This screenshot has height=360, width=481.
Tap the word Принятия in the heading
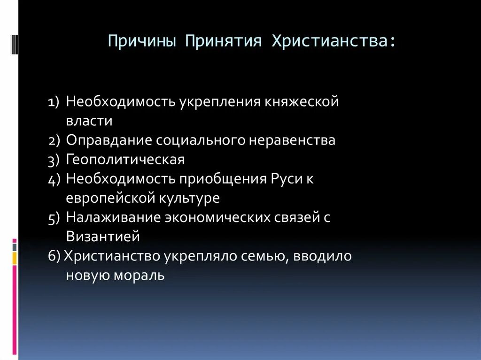coord(223,41)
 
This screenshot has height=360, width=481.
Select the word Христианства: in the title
coord(333,41)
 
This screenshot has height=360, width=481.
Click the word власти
coord(89,121)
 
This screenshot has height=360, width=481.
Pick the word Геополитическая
coord(125,160)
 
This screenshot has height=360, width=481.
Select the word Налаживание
coord(112,217)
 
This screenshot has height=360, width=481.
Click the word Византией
coord(103,237)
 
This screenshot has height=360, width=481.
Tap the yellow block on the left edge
coord(15,258)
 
